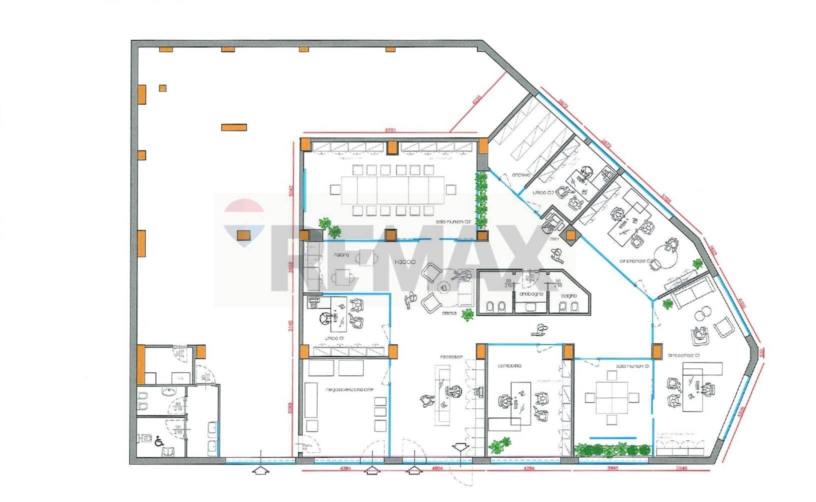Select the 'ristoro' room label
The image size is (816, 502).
[341, 255]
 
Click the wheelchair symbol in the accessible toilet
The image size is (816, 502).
[159, 441]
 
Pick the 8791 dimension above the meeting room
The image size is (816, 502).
[390, 130]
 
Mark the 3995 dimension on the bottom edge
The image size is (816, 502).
[613, 468]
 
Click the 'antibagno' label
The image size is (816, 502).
[528, 294]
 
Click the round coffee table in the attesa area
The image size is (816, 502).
[443, 287]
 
